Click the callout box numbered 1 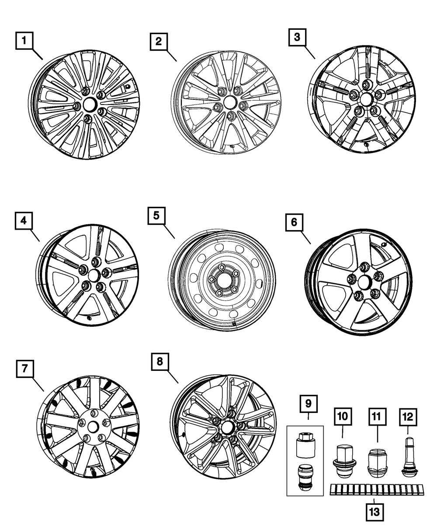[25, 42]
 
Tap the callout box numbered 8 [160, 361]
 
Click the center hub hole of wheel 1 [90, 104]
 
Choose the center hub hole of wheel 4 [93, 276]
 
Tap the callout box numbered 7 [25, 368]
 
